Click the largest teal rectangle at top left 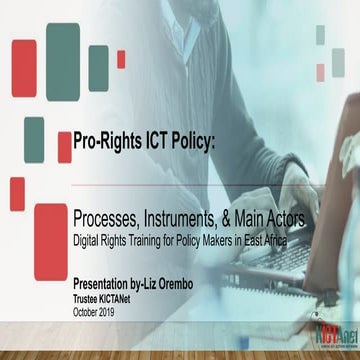tap(62, 54)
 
